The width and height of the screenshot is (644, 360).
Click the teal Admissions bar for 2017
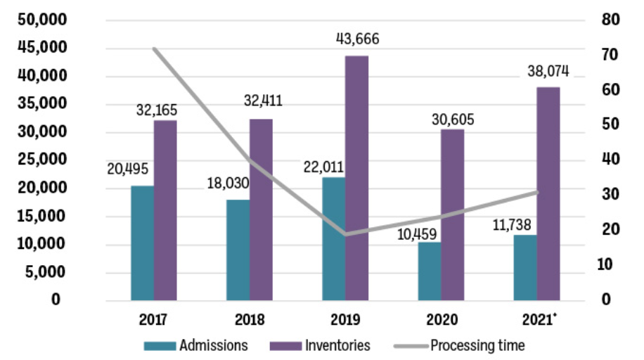(142, 243)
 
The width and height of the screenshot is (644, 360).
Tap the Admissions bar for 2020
(430, 271)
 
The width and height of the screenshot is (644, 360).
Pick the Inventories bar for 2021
(548, 194)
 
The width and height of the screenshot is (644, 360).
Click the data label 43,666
(359, 39)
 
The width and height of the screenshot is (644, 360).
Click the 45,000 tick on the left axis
(40, 48)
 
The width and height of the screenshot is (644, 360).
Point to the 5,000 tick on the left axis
(44, 272)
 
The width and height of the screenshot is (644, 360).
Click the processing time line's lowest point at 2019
(345, 234)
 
